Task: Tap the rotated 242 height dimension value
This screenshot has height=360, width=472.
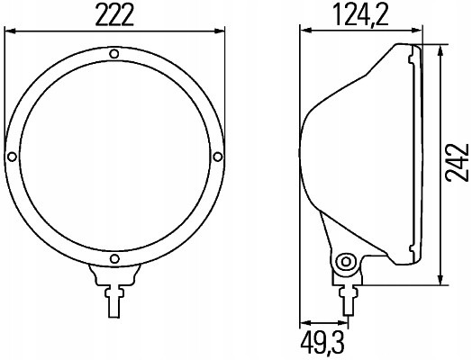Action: coord(457,162)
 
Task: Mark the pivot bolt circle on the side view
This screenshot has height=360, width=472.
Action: coord(343,262)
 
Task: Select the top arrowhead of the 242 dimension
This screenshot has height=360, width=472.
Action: coord(439,47)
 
